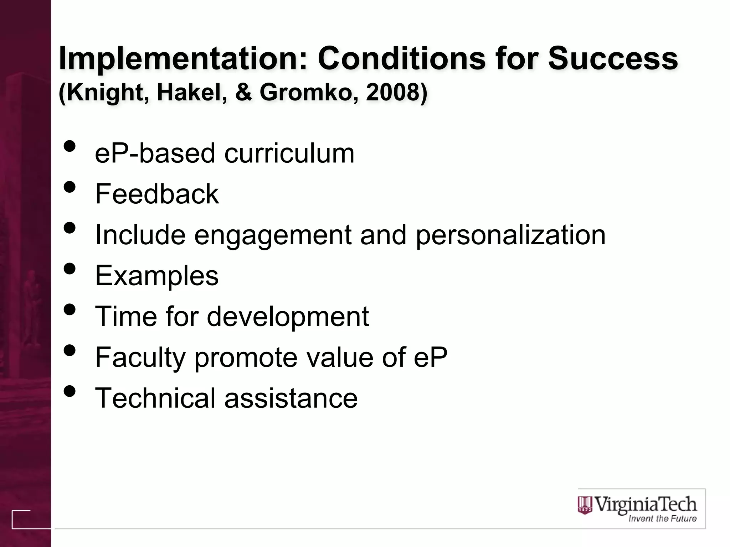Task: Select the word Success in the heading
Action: point(613,58)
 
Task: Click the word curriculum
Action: point(289,153)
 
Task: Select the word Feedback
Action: point(157,194)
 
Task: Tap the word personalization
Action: point(510,235)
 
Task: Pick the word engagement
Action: point(273,235)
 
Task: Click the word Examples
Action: point(157,276)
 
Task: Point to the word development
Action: point(288,316)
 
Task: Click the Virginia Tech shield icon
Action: point(585,505)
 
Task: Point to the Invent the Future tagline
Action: point(662,519)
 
